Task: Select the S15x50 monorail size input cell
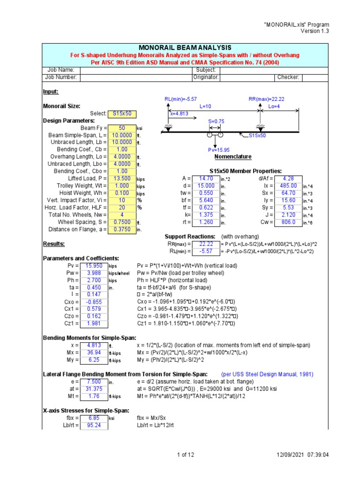click(122, 113)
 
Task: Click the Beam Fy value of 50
click(122, 127)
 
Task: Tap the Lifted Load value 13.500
click(122, 179)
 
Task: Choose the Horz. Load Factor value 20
click(122, 208)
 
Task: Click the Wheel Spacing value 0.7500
click(122, 222)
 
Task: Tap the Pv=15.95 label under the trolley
click(220, 150)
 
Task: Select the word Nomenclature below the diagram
click(232, 157)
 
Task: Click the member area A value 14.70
click(206, 179)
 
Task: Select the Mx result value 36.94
click(94, 352)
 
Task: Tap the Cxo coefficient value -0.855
click(94, 302)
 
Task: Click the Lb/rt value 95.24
click(94, 426)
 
